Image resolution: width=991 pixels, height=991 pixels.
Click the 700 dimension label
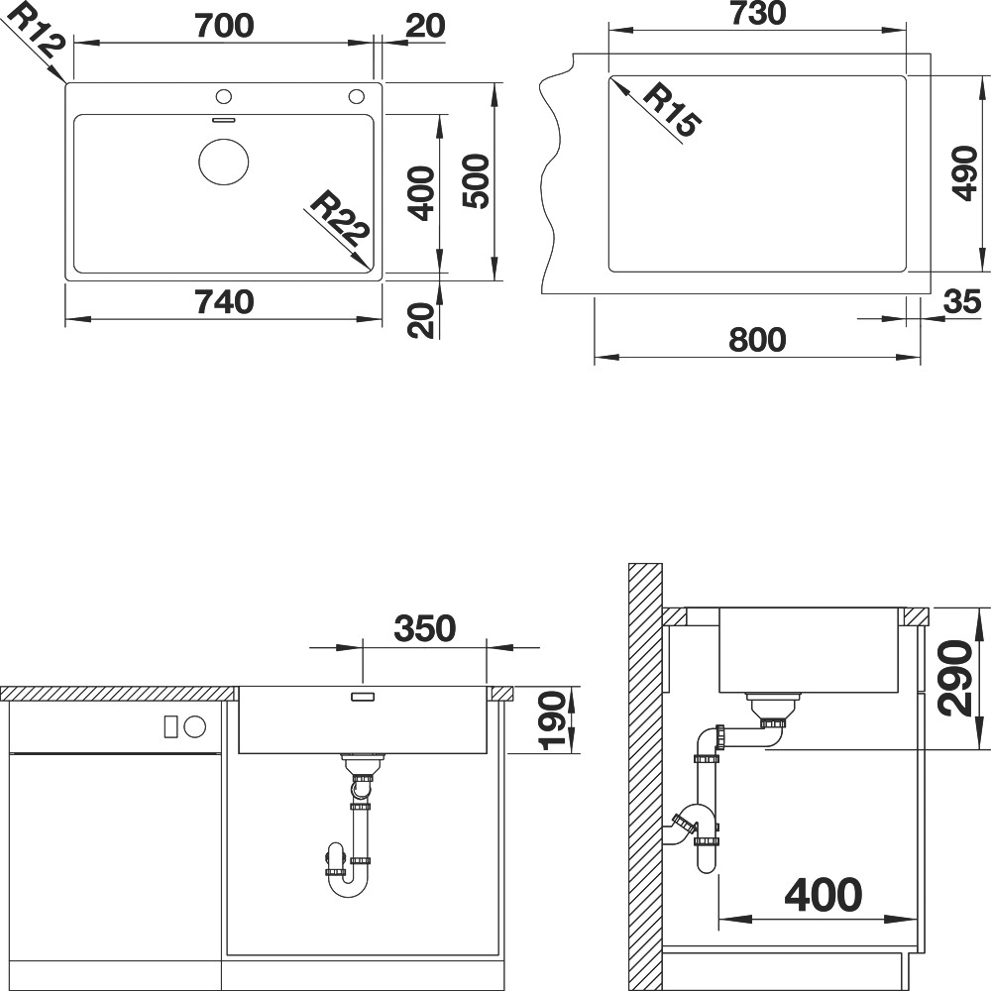click(x=224, y=26)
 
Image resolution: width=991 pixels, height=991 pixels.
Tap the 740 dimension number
click(x=224, y=302)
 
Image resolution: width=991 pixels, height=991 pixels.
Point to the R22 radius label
click(x=339, y=219)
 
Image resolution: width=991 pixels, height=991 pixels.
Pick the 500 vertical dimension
click(x=476, y=181)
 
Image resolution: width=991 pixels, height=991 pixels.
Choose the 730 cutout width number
click(x=758, y=13)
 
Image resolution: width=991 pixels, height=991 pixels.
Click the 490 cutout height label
click(x=965, y=173)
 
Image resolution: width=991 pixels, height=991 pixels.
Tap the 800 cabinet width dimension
click(x=757, y=339)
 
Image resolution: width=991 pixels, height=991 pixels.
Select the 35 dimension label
click(x=962, y=302)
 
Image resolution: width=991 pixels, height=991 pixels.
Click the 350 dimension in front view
click(x=425, y=628)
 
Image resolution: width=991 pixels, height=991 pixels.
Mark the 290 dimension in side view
click(x=953, y=679)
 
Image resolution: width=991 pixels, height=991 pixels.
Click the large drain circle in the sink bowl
click(x=224, y=162)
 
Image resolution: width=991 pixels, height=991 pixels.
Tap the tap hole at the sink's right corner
click(x=357, y=97)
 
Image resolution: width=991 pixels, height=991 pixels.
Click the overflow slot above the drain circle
click(x=224, y=119)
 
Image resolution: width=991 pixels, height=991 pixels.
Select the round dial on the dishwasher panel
click(x=195, y=726)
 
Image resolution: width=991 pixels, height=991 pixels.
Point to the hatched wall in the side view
click(x=645, y=777)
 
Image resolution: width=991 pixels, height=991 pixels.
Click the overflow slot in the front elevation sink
click(x=363, y=697)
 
